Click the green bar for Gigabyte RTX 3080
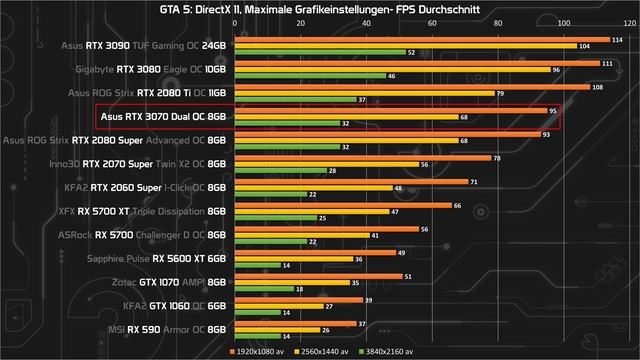(x=309, y=76)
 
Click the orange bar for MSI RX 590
(x=295, y=324)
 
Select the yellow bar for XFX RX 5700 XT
(x=311, y=212)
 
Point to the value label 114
(x=616, y=40)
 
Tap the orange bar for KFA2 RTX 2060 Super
(x=351, y=183)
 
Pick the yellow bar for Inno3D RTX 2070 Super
(x=326, y=164)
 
